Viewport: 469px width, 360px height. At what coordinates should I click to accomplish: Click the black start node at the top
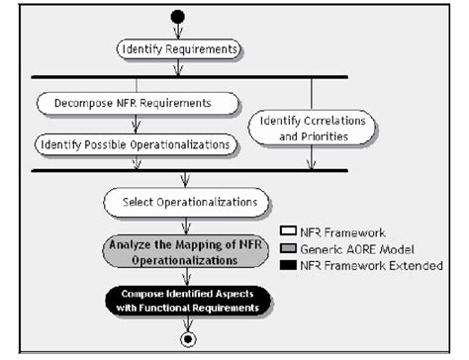(179, 18)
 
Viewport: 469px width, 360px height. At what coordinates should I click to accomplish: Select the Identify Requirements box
(179, 48)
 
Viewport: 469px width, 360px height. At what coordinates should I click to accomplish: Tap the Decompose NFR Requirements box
(139, 102)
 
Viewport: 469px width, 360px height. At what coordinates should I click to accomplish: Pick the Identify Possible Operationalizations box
(138, 144)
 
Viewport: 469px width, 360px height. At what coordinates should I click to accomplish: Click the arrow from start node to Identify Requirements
(179, 31)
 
